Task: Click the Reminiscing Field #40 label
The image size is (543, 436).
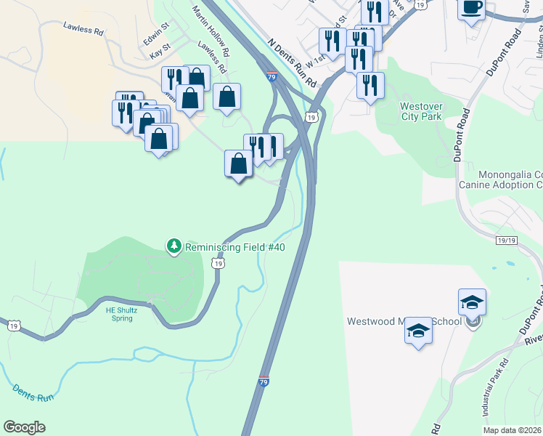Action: pyautogui.click(x=234, y=247)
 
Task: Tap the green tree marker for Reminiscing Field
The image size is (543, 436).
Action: pyautogui.click(x=173, y=247)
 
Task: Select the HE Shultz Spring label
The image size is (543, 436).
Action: pyautogui.click(x=121, y=314)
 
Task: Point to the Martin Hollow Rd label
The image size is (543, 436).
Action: pyautogui.click(x=211, y=32)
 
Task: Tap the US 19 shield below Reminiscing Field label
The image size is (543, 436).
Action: pyautogui.click(x=218, y=265)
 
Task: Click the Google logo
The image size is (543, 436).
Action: pyautogui.click(x=25, y=427)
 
